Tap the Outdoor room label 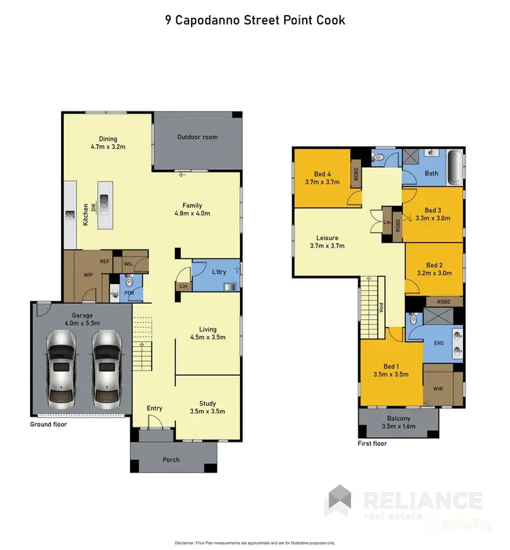197,137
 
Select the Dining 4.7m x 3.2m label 108,141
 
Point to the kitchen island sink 105,200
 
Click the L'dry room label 218,271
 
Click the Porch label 171,460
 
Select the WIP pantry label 87,275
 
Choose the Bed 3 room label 433,214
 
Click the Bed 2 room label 435,269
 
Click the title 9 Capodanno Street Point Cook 255,20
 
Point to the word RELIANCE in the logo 423,502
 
